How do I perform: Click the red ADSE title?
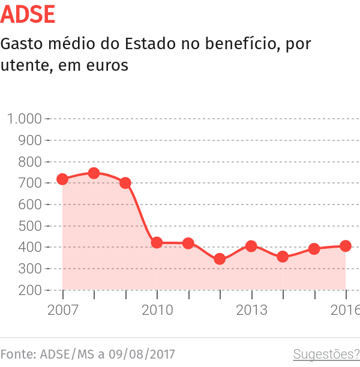coord(28,14)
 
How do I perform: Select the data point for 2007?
coord(62,179)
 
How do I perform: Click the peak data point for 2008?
coord(94,173)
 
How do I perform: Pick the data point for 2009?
coord(125,183)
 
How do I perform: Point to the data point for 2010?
coord(157,243)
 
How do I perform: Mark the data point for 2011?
coord(188,243)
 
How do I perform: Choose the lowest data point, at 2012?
coord(220,259)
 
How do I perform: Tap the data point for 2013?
coord(251,246)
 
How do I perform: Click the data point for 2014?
coord(283,257)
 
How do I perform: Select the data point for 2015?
coord(314,249)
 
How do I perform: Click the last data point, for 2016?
coord(346,246)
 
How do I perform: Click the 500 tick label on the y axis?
coord(30,226)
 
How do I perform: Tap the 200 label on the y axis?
coord(30,290)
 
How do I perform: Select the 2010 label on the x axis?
coord(157,310)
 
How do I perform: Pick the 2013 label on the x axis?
coord(251,310)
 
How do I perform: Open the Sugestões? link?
coord(326,354)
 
